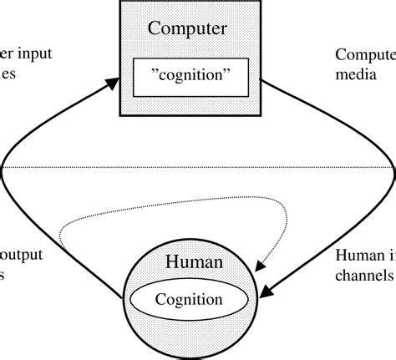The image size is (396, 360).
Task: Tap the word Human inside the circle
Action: (193, 262)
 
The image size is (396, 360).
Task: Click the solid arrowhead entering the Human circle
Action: (266, 292)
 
